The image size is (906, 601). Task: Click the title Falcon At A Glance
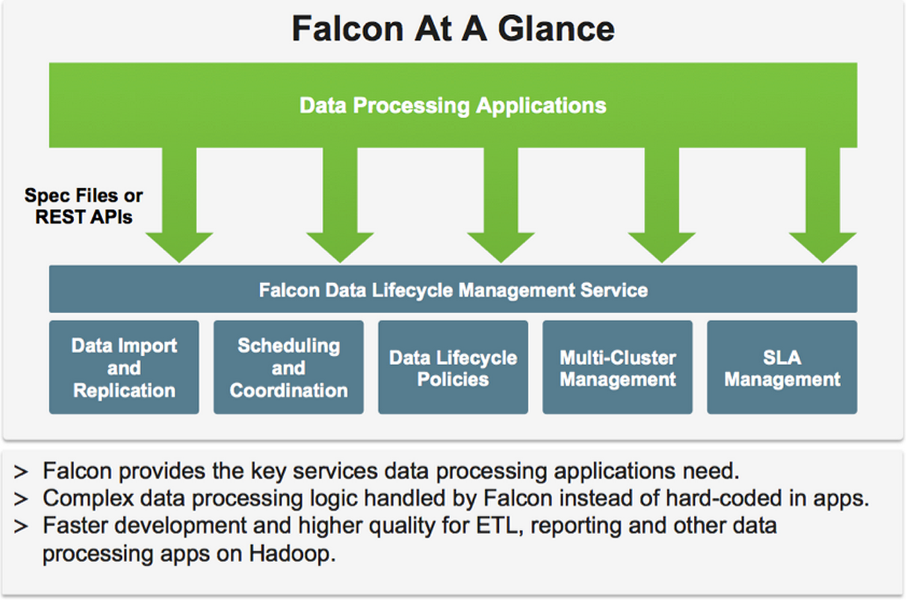(x=452, y=29)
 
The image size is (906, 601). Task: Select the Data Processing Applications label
(x=452, y=106)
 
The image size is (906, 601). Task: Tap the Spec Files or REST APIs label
(x=83, y=206)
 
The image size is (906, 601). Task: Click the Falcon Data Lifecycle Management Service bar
(x=452, y=290)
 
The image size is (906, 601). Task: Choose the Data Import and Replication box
(x=124, y=368)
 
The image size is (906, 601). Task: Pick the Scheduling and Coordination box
(x=288, y=368)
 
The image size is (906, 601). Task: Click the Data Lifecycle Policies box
(x=452, y=368)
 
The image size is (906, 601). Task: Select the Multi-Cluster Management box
(x=617, y=368)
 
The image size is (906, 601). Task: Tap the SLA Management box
(x=781, y=368)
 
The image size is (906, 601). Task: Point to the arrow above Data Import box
(x=179, y=209)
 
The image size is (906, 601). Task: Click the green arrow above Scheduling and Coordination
(x=340, y=209)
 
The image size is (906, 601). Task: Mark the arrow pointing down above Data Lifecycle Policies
(x=501, y=209)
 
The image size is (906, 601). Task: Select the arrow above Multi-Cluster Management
(x=662, y=209)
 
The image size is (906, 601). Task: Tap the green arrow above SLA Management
(x=823, y=209)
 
